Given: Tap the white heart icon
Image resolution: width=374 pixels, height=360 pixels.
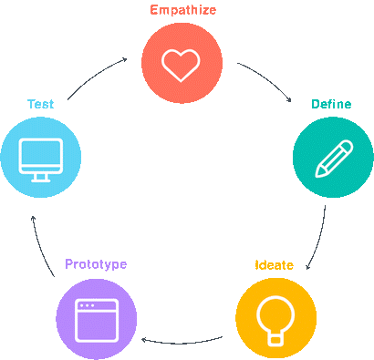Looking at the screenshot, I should [182, 63].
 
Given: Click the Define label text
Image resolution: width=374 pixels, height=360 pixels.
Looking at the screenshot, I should [331, 104].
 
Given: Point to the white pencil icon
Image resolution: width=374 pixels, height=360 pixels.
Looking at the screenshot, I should [332, 157].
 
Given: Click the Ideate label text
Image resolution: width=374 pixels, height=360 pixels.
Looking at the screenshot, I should [274, 265].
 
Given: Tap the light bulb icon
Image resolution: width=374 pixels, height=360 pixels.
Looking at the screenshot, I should [275, 319].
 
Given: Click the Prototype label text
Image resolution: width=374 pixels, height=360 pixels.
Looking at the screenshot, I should [95, 264].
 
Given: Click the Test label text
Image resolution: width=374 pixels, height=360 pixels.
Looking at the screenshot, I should [40, 104].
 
